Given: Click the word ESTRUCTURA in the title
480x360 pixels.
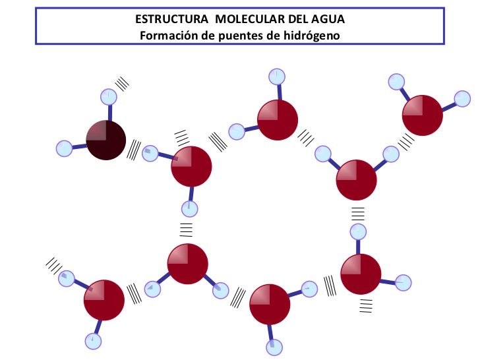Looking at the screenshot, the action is [x=171, y=19].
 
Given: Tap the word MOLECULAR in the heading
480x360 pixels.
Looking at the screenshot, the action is [x=251, y=19].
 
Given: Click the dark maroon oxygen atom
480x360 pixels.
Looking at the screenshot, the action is [x=106, y=140].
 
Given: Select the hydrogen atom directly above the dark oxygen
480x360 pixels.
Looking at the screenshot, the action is [x=109, y=97].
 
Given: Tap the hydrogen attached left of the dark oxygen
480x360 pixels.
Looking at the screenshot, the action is [x=65, y=149].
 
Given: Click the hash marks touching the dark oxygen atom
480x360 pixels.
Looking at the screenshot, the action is [x=134, y=150].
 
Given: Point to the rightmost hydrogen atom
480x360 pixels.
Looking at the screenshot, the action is [x=462, y=99].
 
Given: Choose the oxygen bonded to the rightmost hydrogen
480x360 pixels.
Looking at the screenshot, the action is [x=423, y=115].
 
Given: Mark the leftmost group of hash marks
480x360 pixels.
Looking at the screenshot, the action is [x=54, y=266].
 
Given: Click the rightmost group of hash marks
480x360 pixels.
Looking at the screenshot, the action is [x=406, y=142].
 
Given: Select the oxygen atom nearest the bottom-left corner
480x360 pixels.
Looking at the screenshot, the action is [x=104, y=300].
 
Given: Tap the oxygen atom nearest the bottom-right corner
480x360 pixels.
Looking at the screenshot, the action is [x=361, y=274].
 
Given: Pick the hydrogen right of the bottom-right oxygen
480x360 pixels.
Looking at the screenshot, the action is [x=403, y=283].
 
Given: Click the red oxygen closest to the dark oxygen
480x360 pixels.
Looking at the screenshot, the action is [x=191, y=167].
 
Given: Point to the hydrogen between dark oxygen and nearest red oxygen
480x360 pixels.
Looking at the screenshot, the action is [x=150, y=154].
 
